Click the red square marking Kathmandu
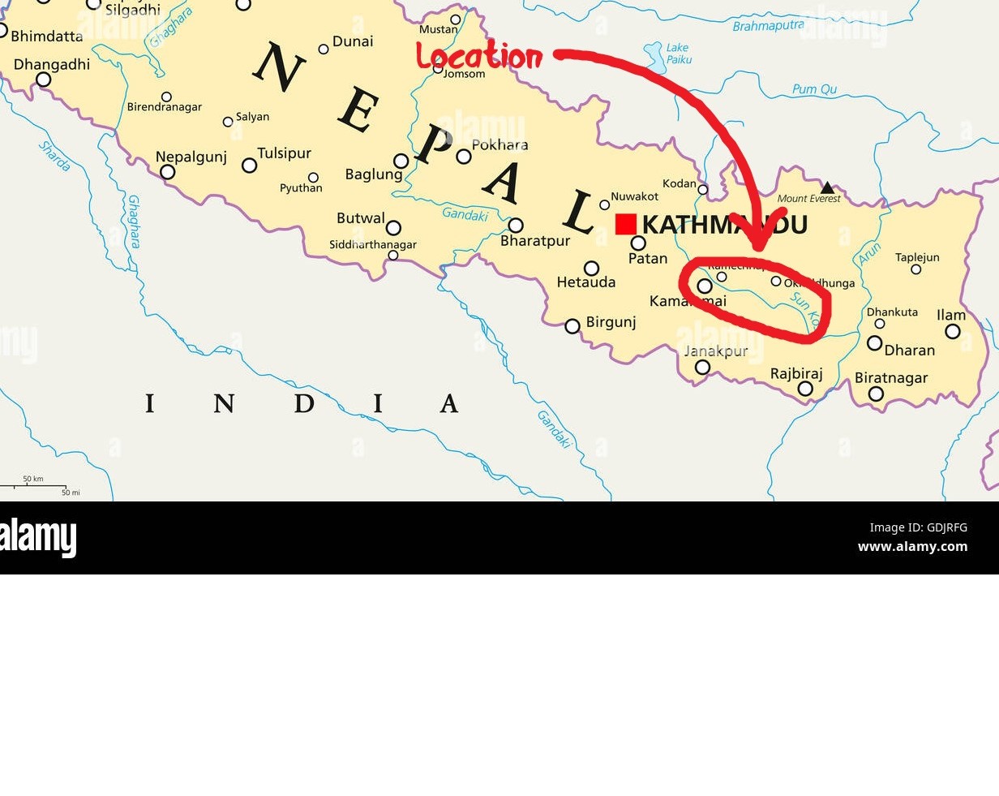click(x=625, y=224)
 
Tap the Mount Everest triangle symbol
click(x=827, y=188)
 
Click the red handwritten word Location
click(x=479, y=56)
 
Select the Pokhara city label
click(x=499, y=145)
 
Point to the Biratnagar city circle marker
click(x=876, y=394)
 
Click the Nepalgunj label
click(x=191, y=157)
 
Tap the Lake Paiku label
click(x=679, y=54)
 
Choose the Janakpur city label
click(x=715, y=351)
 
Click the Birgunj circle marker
click(x=572, y=326)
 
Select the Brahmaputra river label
click(x=767, y=26)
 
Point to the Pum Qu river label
click(x=814, y=89)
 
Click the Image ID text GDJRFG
click(x=918, y=527)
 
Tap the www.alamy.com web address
click(x=912, y=546)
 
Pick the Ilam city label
click(x=951, y=315)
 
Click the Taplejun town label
click(x=917, y=257)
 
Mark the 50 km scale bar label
click(x=33, y=479)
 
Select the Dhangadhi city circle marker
click(x=44, y=80)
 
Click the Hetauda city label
click(x=586, y=282)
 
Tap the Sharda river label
click(x=55, y=156)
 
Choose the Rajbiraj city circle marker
click(x=805, y=389)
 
